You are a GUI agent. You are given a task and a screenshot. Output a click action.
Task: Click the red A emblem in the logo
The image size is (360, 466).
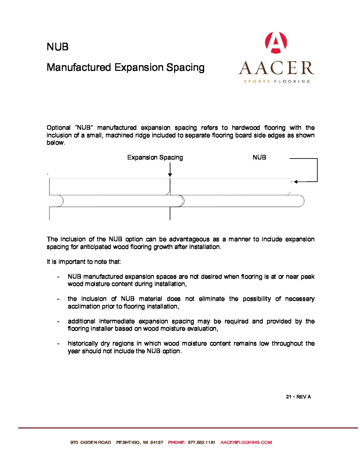click(276, 43)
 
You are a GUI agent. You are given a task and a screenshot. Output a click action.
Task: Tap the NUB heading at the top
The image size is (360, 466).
click(58, 47)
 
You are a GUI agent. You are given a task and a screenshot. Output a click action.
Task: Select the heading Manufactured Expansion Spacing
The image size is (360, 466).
click(126, 68)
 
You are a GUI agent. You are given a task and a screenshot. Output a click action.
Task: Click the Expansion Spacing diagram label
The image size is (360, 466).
click(155, 158)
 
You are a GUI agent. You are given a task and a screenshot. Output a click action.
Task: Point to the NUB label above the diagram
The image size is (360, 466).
click(259, 158)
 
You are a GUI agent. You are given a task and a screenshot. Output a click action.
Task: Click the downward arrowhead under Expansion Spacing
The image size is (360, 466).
click(170, 175)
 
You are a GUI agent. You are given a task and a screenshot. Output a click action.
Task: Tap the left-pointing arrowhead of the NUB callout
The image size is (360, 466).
click(295, 182)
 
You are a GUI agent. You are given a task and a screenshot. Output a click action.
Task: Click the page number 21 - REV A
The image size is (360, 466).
click(298, 397)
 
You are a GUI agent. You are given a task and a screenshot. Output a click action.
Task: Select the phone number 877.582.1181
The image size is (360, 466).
click(202, 443)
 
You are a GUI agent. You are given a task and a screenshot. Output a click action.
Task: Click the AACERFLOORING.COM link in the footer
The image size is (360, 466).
click(246, 443)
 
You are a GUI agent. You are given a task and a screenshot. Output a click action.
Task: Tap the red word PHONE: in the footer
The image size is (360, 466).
click(177, 443)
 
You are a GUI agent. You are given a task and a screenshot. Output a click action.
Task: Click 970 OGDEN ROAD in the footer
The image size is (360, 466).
click(91, 443)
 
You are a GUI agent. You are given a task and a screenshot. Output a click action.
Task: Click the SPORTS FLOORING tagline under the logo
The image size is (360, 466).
click(277, 81)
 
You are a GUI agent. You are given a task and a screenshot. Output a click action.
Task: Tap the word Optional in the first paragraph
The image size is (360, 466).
click(59, 128)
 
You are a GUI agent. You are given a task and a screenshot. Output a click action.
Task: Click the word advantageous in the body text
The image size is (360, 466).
click(189, 239)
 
